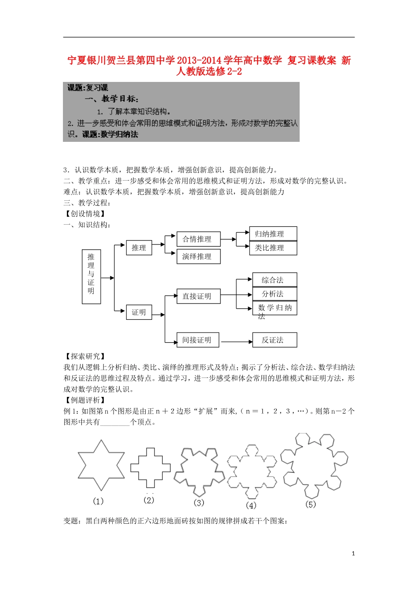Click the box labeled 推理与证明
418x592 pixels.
91,277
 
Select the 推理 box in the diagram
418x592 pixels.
139,248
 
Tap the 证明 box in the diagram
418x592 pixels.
139,312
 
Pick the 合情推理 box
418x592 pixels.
198,239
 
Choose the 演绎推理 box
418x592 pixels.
198,256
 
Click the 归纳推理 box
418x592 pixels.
273,234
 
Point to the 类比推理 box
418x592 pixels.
273,248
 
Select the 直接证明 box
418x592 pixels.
198,296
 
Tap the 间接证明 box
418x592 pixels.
198,340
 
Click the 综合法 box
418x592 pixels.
275,280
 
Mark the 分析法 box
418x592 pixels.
275,294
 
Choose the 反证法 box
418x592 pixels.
275,340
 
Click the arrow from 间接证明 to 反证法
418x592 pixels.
236,341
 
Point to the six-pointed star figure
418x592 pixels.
101,465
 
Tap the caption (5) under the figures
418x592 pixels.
311,504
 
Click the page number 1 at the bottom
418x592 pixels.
353,554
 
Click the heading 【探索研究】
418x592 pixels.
85,356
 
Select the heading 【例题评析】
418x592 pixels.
85,400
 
